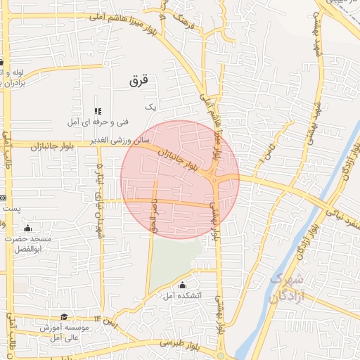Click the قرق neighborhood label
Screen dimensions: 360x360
(140, 82)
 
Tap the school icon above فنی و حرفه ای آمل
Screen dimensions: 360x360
(98, 111)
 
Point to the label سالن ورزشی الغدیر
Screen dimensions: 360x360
(112, 141)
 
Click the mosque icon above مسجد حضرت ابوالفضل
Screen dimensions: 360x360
(27, 228)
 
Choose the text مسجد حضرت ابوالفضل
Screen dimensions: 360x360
(28, 243)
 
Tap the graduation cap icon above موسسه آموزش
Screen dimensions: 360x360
(65, 317)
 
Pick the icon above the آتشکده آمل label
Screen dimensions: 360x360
(183, 285)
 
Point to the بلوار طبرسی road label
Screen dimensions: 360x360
(179, 343)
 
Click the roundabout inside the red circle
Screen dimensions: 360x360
(214, 180)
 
